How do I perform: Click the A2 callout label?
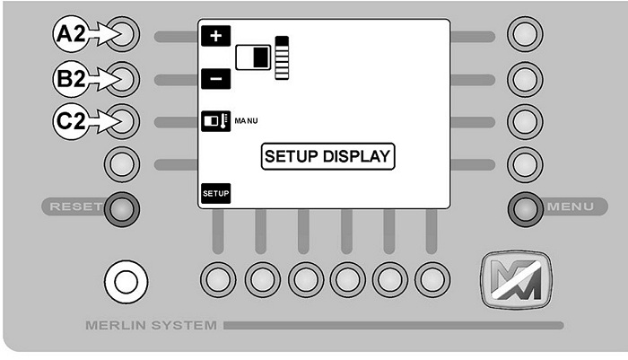click(71, 34)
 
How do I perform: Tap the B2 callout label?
click(71, 79)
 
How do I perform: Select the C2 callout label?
click(71, 121)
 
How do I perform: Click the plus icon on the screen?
click(216, 36)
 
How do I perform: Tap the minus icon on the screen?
click(216, 79)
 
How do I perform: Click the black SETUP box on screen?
click(216, 194)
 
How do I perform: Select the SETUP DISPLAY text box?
click(328, 156)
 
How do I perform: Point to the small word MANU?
click(246, 120)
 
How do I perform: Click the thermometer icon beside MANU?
click(216, 121)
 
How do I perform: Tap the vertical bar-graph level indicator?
click(282, 57)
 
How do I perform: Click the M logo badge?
click(516, 279)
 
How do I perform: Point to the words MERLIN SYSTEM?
click(151, 325)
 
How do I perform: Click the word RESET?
click(76, 206)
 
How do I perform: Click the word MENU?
click(571, 206)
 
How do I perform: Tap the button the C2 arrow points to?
click(122, 121)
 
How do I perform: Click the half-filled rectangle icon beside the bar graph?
click(253, 57)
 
